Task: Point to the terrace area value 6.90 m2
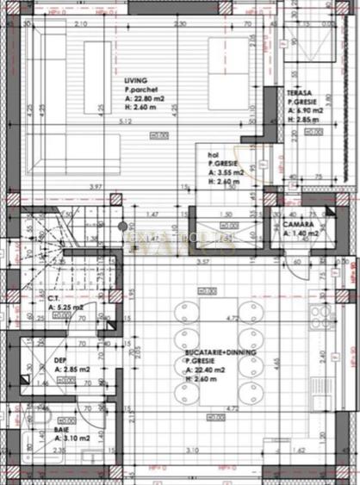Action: [x=307, y=111]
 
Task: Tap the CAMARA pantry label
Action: [x=299, y=226]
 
